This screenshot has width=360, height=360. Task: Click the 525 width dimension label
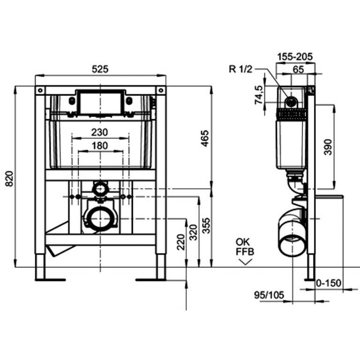(x=100, y=69)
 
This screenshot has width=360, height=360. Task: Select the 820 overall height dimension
(x=9, y=179)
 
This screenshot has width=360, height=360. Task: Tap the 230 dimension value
(x=100, y=132)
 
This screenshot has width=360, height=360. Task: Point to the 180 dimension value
(x=100, y=146)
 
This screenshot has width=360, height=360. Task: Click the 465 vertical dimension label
(x=205, y=138)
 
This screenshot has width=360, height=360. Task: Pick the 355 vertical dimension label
(x=206, y=225)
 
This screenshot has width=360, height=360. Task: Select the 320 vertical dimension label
(x=194, y=232)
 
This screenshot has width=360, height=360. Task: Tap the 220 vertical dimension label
(x=180, y=242)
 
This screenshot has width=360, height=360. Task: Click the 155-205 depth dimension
(x=295, y=56)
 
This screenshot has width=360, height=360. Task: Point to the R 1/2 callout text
(x=240, y=69)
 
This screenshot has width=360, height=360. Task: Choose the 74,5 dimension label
(x=259, y=95)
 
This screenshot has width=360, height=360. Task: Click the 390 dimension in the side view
(x=328, y=147)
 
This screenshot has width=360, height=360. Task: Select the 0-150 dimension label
(x=329, y=283)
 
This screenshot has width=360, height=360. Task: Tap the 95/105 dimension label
(x=269, y=295)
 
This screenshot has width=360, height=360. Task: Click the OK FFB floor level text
(x=245, y=247)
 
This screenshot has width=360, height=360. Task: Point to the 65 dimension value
(x=299, y=69)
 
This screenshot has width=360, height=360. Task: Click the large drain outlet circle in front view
(x=100, y=218)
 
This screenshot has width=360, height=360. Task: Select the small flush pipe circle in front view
(x=100, y=189)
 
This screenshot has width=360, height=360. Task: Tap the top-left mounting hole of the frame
(x=40, y=90)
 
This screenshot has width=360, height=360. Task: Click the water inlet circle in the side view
(x=291, y=102)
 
